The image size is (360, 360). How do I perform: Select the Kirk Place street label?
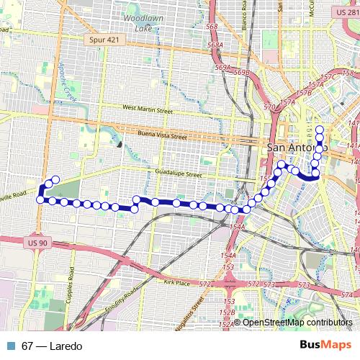[177, 284]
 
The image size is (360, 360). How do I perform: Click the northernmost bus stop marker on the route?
[320, 130]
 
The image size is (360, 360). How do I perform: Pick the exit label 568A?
[213, 46]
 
